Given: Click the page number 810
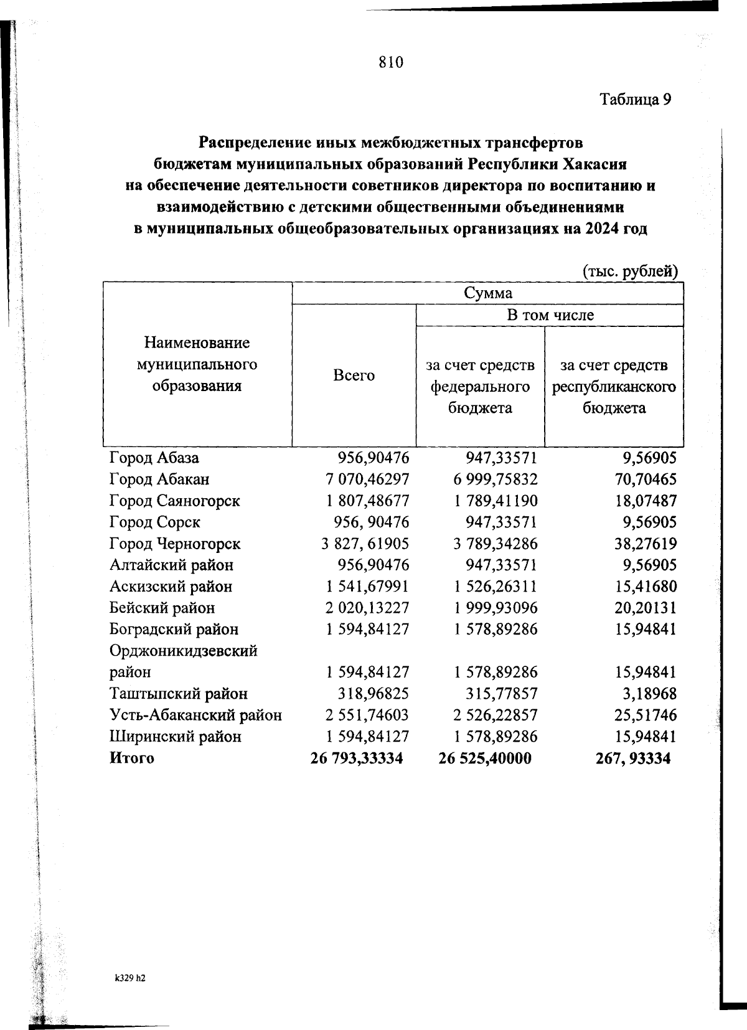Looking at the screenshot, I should pyautogui.click(x=391, y=62).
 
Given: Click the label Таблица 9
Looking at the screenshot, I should pyautogui.click(x=635, y=100).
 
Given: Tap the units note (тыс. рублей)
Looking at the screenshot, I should pyautogui.click(x=629, y=272).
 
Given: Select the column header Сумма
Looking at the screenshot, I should pyautogui.click(x=488, y=293).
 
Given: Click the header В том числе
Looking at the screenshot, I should pyautogui.click(x=550, y=315).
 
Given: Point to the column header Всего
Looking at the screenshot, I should pyautogui.click(x=354, y=376).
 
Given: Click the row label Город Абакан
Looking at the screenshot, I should pyautogui.click(x=159, y=480).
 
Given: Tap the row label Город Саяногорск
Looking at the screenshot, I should pyautogui.click(x=174, y=501).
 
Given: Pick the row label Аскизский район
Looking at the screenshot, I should pyautogui.click(x=171, y=587).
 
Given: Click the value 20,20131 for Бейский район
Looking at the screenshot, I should pyautogui.click(x=645, y=608).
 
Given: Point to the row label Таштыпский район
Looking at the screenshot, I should pyautogui.click(x=178, y=694).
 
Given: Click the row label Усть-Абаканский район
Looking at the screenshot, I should pyautogui.click(x=195, y=715).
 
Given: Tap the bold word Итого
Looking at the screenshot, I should pyautogui.click(x=131, y=758).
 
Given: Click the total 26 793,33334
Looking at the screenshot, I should pyautogui.click(x=357, y=758).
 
